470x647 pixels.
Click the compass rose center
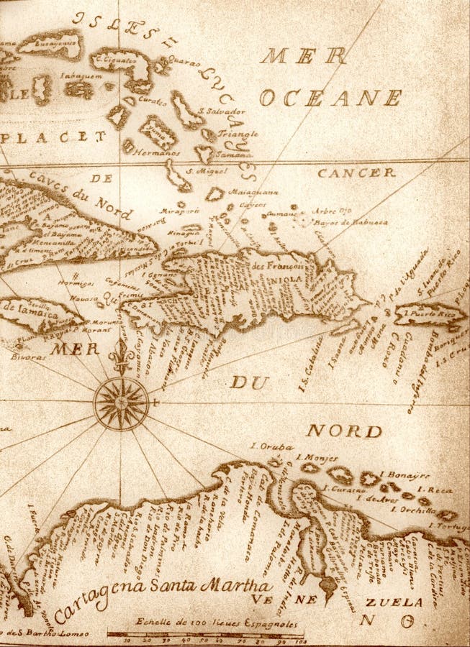click(x=120, y=403)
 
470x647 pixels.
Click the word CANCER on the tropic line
click(x=356, y=173)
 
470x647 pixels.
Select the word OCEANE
click(x=330, y=98)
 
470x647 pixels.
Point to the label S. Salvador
click(x=225, y=111)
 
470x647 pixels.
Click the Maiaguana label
click(x=253, y=192)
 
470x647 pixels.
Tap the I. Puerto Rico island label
click(x=430, y=313)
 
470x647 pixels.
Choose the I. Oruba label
click(x=271, y=446)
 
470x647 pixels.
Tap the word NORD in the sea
click(x=344, y=431)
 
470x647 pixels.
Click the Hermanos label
click(x=156, y=152)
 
